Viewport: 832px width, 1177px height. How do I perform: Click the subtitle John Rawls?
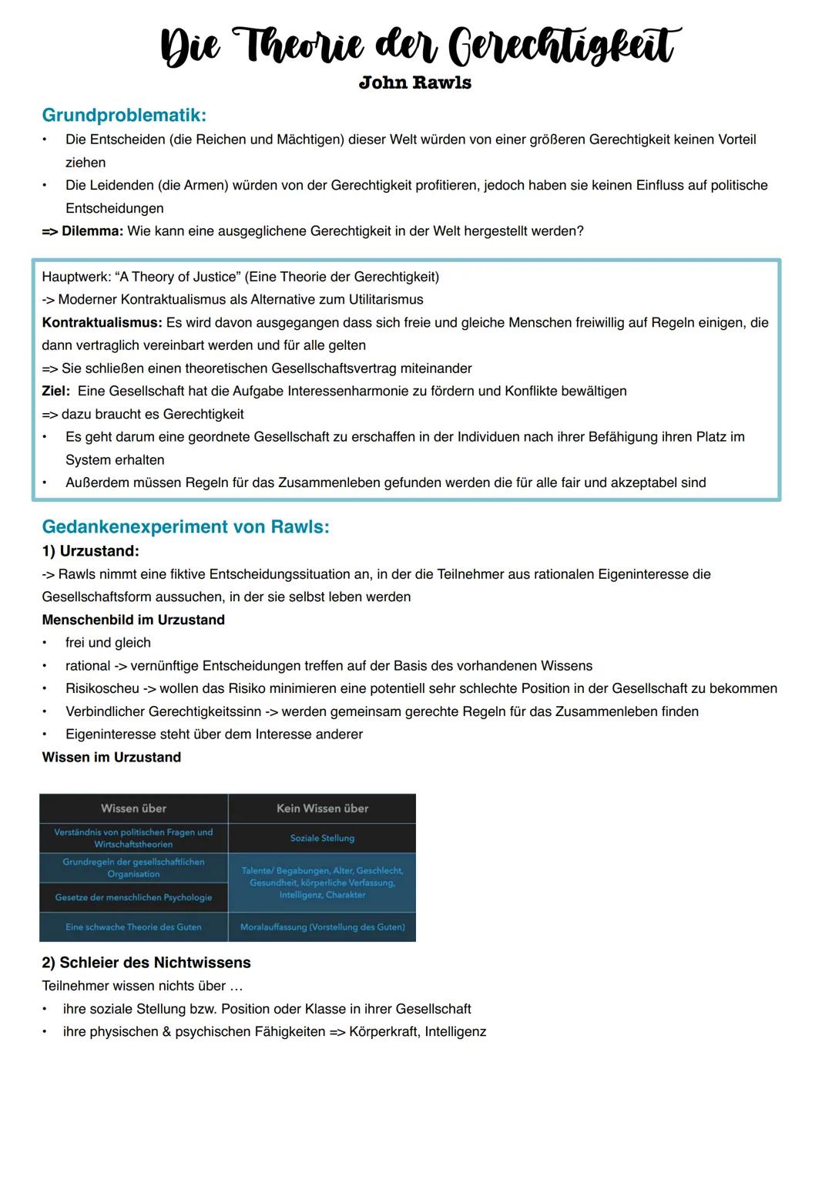pyautogui.click(x=414, y=82)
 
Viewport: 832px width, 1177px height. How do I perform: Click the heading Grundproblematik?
pyautogui.click(x=124, y=115)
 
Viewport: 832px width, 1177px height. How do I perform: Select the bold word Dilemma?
pyautogui.click(x=92, y=231)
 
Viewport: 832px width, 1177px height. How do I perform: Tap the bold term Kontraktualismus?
pyautogui.click(x=102, y=322)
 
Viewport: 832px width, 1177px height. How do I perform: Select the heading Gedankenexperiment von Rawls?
pyautogui.click(x=186, y=526)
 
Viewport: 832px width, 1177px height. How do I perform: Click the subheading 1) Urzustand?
pyautogui.click(x=90, y=551)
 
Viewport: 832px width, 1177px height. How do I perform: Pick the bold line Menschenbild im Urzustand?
pyautogui.click(x=133, y=620)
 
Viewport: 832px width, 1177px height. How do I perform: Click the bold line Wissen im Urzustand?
pyautogui.click(x=112, y=757)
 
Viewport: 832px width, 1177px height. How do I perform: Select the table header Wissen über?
pyautogui.click(x=133, y=809)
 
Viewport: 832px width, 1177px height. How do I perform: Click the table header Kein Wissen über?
pyautogui.click(x=322, y=809)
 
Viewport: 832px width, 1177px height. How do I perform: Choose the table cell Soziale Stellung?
pyautogui.click(x=322, y=838)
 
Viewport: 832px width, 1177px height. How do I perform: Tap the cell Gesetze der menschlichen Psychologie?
pyautogui.click(x=133, y=897)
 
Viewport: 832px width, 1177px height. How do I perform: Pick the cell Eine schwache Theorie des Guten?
pyautogui.click(x=133, y=927)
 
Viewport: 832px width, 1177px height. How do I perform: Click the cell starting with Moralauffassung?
pyautogui.click(x=322, y=927)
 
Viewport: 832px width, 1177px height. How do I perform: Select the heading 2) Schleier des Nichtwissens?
pyautogui.click(x=146, y=963)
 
